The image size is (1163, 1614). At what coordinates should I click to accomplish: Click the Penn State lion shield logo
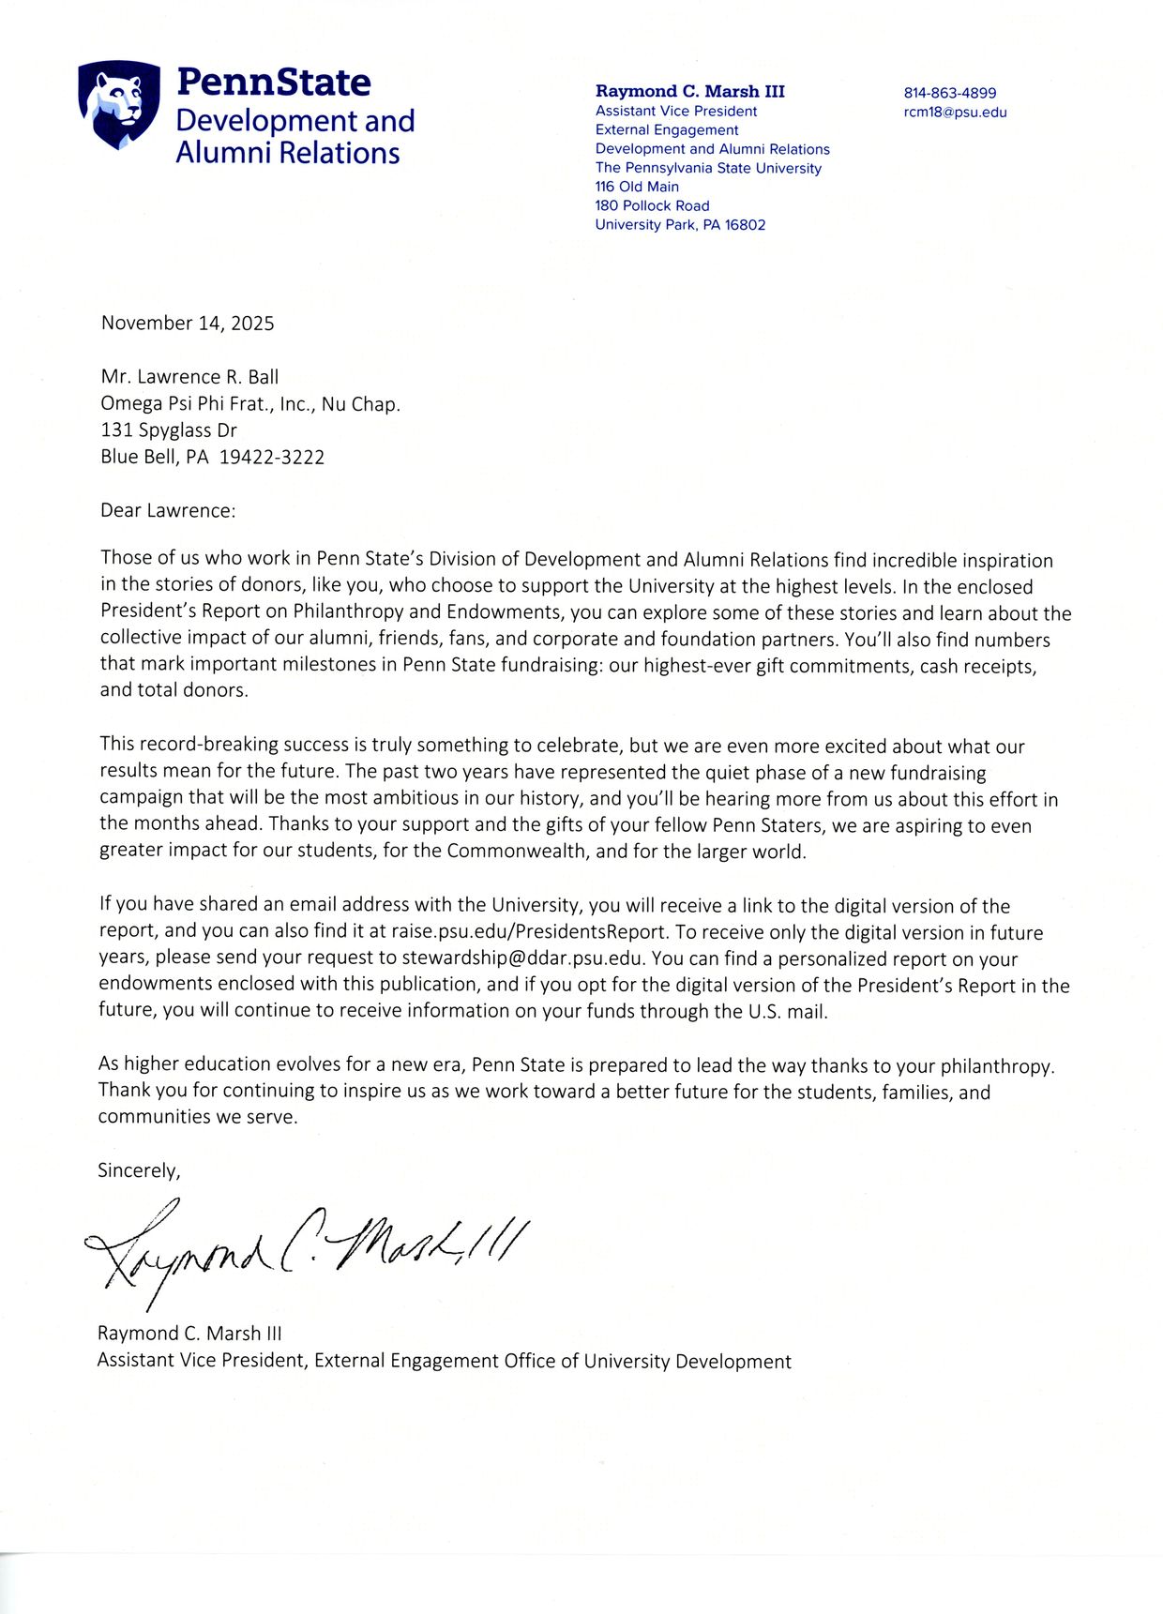(118, 104)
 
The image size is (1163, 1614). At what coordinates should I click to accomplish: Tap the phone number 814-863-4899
(949, 93)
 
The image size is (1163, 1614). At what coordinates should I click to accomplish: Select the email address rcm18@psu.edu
(955, 113)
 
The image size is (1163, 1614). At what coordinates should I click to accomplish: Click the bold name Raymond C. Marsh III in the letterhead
(689, 91)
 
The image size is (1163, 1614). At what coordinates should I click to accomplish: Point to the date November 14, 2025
(188, 324)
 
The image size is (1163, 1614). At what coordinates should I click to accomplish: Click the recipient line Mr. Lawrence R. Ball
(189, 377)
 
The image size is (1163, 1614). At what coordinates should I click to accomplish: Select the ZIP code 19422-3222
(272, 458)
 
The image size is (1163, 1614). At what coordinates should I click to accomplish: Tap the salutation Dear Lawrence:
(169, 511)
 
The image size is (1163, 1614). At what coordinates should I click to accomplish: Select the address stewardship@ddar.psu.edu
(522, 958)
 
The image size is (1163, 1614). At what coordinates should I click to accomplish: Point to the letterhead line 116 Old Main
(637, 187)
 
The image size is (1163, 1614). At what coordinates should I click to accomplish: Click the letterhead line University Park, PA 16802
(680, 225)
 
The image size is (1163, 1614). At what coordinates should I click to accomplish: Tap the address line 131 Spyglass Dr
(169, 430)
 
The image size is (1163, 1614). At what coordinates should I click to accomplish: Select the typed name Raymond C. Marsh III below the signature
(189, 1334)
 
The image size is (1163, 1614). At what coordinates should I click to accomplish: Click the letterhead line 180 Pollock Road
(652, 205)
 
